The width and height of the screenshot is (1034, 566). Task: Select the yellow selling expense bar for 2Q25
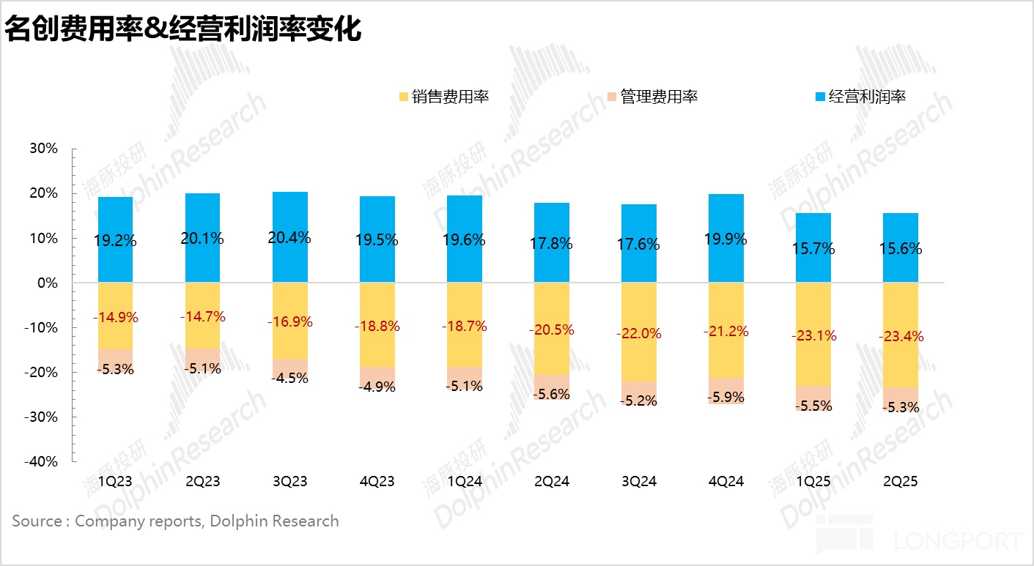901,308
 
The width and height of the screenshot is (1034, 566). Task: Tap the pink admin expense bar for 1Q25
813,395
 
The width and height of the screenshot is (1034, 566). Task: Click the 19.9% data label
726,239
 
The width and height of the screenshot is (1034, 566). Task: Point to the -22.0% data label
639,333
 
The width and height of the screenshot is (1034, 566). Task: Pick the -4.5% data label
290,379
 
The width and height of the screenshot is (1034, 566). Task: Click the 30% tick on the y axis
43,149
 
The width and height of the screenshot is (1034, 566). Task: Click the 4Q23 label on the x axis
377,481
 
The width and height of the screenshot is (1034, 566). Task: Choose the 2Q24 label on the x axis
552,481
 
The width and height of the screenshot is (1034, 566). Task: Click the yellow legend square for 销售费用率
403,96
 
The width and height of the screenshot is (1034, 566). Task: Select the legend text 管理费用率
659,96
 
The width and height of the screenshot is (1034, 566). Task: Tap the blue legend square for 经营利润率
820,96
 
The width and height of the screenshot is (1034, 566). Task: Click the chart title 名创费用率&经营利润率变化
182,31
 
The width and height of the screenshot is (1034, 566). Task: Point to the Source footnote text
175,521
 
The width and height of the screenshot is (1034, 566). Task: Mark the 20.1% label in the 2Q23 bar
203,239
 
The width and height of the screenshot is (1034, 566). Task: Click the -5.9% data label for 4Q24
726,398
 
